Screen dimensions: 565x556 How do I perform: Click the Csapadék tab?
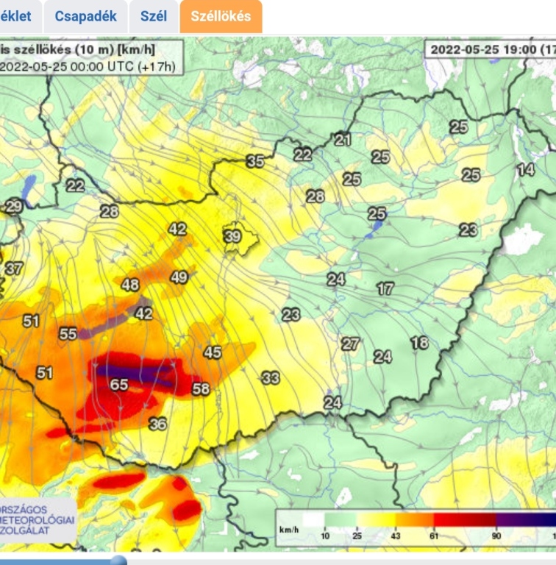pyautogui.click(x=86, y=16)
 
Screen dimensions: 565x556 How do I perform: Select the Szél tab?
pyautogui.click(x=154, y=16)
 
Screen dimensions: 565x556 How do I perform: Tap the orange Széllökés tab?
pyautogui.click(x=221, y=16)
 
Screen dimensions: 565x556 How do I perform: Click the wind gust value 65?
pyautogui.click(x=119, y=385)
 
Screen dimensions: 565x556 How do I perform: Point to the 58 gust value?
pyautogui.click(x=201, y=389)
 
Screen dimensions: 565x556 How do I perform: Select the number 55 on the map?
pyautogui.click(x=68, y=334)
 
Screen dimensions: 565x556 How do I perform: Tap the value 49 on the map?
pyautogui.click(x=179, y=277)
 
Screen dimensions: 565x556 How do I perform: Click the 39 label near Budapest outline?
pyautogui.click(x=232, y=236)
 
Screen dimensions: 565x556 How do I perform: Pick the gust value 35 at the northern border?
pyautogui.click(x=255, y=161)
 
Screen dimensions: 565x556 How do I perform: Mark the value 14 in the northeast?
pyautogui.click(x=525, y=170)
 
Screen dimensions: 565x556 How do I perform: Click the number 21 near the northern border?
pyautogui.click(x=343, y=140)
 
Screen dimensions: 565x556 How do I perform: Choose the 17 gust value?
pyautogui.click(x=385, y=289)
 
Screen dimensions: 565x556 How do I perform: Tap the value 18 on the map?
pyautogui.click(x=419, y=343)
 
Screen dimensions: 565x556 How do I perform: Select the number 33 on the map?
pyautogui.click(x=271, y=378)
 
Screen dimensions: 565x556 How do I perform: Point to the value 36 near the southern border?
pyautogui.click(x=157, y=424)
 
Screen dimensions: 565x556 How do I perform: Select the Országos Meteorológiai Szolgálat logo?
pyautogui.click(x=37, y=521)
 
